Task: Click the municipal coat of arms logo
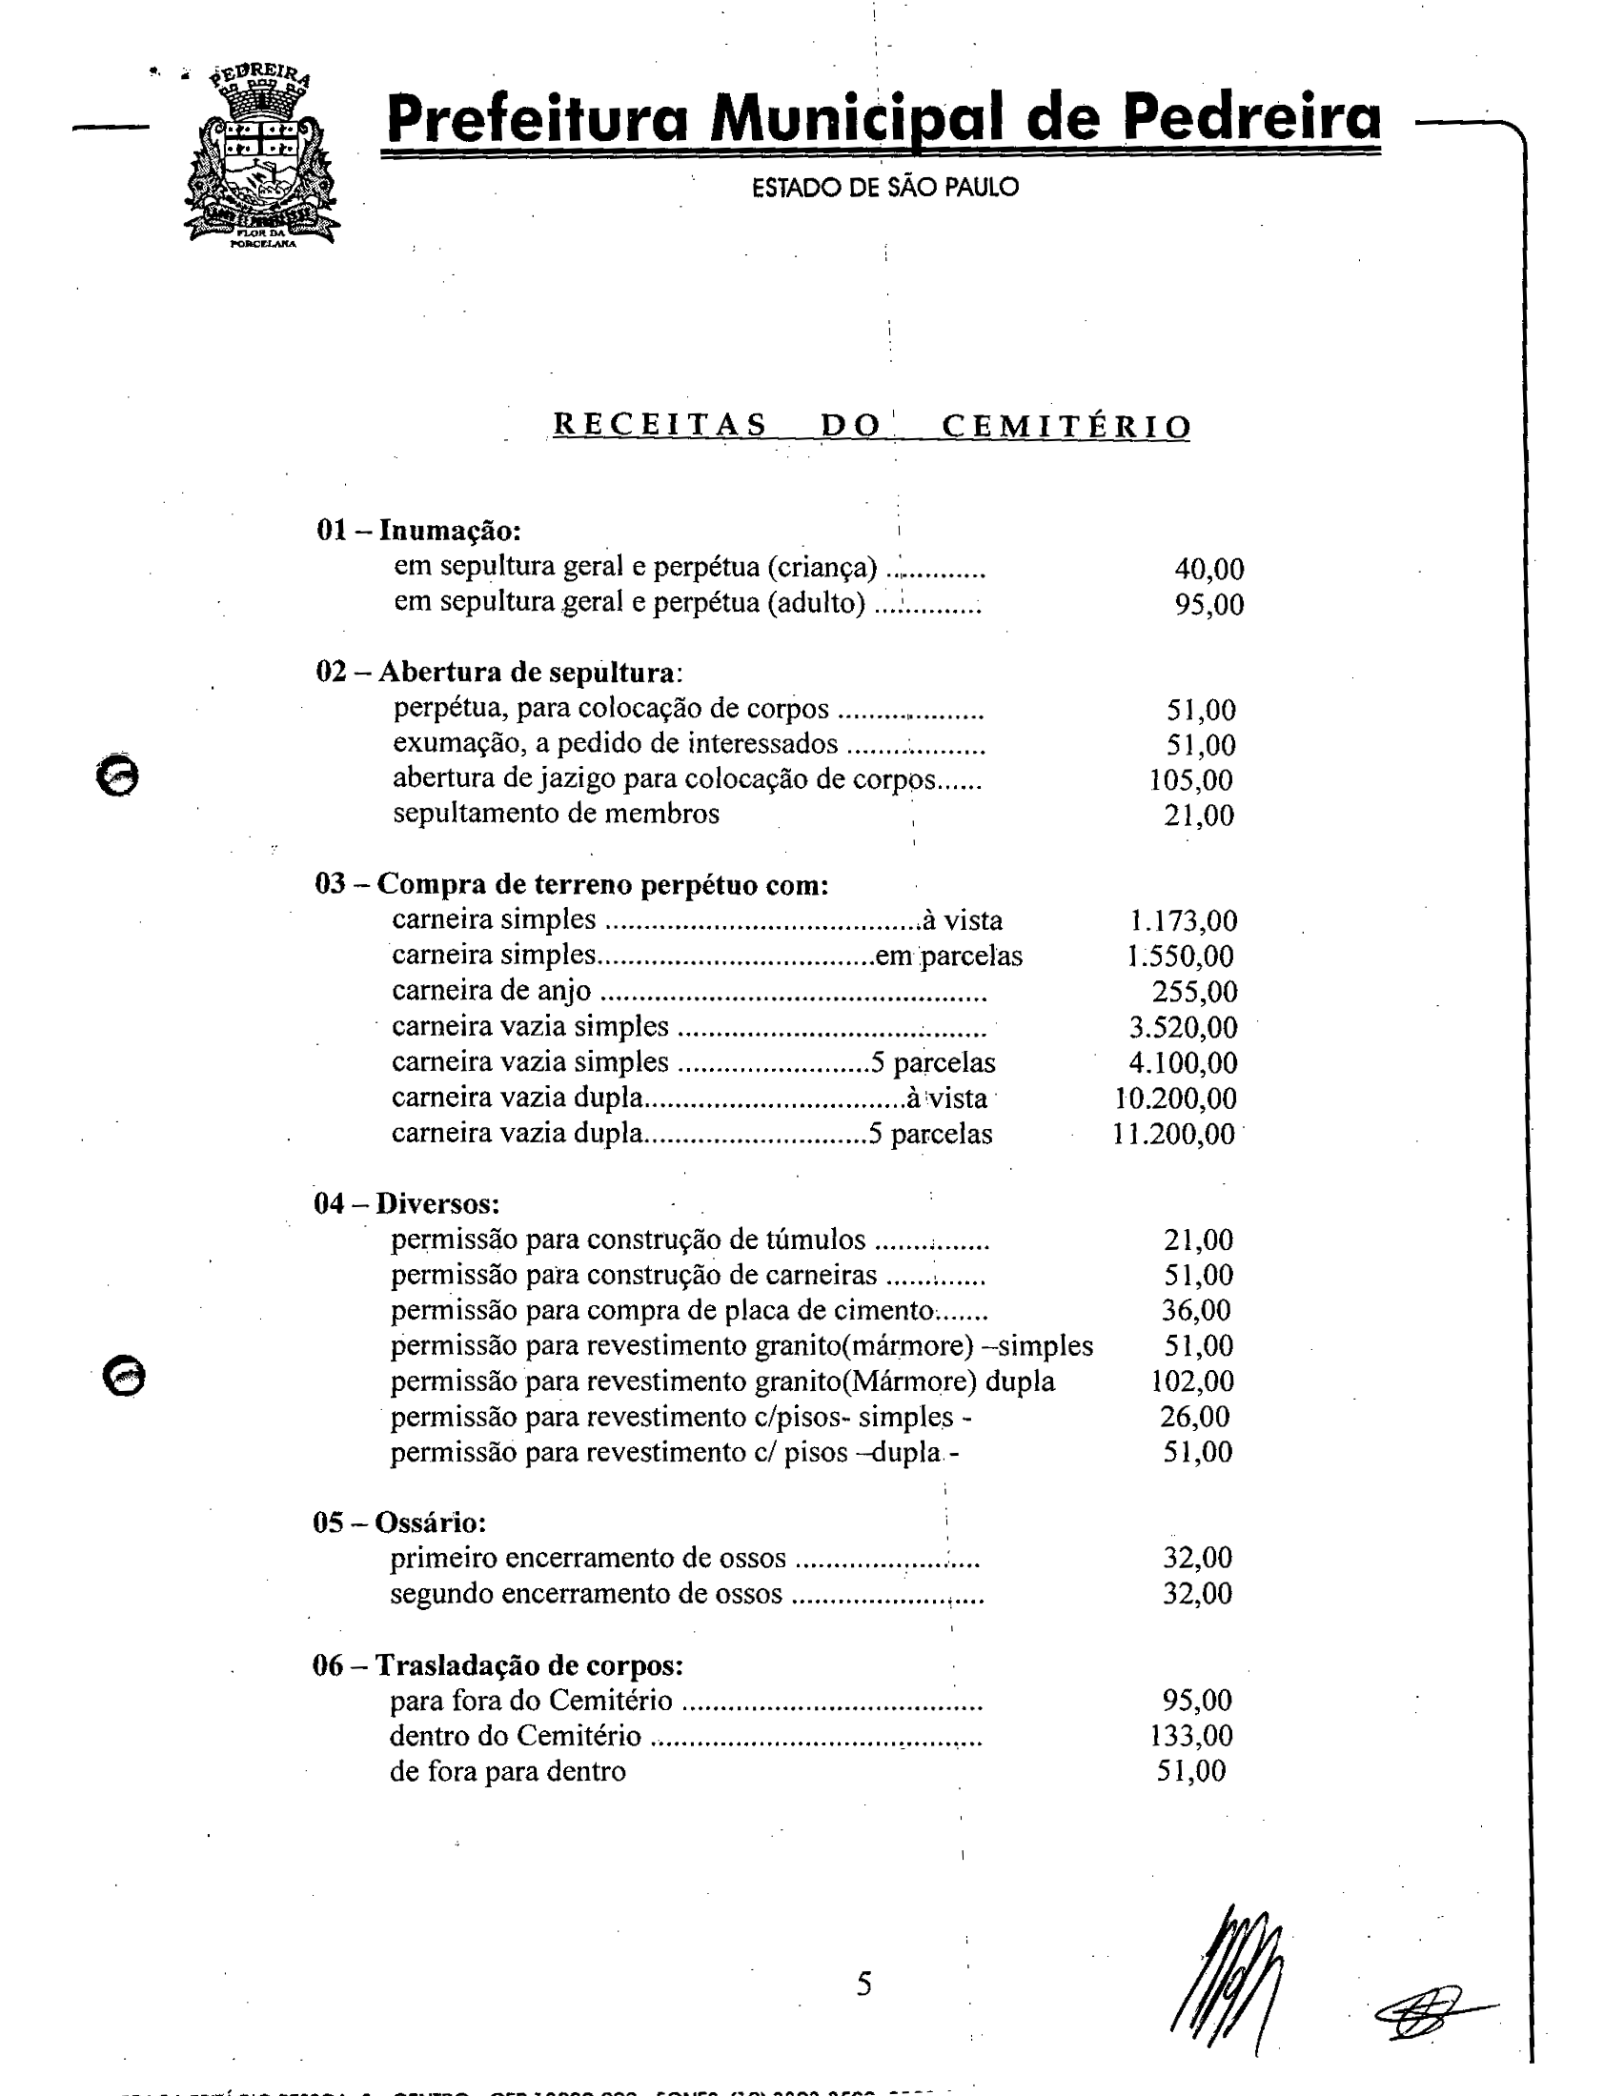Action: coord(261,158)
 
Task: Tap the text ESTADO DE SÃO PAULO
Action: coord(884,187)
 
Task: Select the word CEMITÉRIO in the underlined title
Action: coord(1066,426)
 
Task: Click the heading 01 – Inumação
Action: coord(418,530)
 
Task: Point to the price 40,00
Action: coord(1208,569)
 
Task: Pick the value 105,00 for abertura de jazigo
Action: coord(1190,780)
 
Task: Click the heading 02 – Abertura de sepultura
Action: coord(499,672)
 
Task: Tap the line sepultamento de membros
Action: coord(556,814)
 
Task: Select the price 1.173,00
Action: coord(1183,921)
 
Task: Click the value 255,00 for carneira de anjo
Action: coord(1194,992)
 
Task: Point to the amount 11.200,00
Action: coord(1173,1135)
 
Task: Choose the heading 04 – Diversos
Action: coord(406,1203)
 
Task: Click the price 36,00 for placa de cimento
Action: coord(1197,1311)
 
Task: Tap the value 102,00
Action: coord(1191,1382)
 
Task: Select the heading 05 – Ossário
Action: coord(399,1523)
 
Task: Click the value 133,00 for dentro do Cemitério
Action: coord(1190,1736)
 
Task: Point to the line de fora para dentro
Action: coord(507,1772)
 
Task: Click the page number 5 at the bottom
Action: coord(863,1984)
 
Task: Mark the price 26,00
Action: coord(1195,1418)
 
